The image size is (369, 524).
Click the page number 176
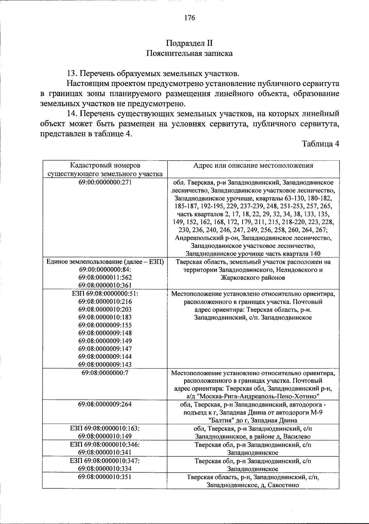click(x=190, y=18)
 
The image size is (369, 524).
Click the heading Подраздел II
click(x=189, y=43)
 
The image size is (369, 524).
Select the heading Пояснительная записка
click(x=189, y=54)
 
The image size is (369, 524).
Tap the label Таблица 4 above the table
click(x=320, y=144)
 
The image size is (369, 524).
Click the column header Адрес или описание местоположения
click(x=253, y=165)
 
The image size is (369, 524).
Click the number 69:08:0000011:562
click(x=105, y=277)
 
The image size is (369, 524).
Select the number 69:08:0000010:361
click(x=105, y=285)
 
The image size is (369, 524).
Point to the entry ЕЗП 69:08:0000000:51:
click(x=105, y=293)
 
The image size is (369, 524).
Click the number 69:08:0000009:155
click(x=105, y=325)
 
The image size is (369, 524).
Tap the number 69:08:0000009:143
click(x=105, y=364)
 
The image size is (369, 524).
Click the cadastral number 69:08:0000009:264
click(x=105, y=404)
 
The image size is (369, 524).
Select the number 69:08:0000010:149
click(x=105, y=436)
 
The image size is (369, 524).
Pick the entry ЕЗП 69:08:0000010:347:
click(x=105, y=461)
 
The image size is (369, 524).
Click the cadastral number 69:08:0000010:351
click(x=105, y=477)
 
